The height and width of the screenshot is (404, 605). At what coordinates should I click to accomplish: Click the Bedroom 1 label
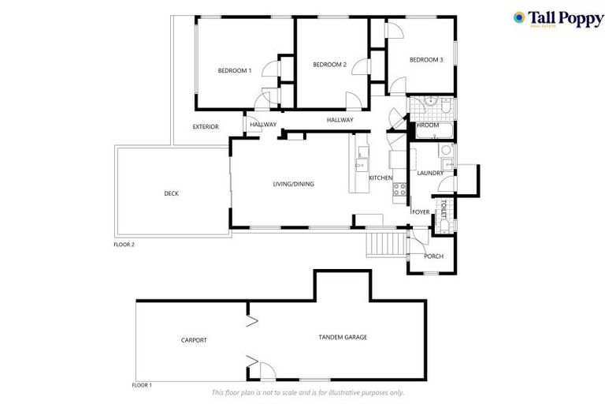click(234, 71)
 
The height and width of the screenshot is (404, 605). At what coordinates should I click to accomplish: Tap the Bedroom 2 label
click(329, 65)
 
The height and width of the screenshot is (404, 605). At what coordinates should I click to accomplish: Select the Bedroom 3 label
click(425, 60)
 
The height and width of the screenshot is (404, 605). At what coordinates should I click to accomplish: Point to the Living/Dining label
click(293, 184)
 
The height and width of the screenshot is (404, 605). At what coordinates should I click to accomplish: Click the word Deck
click(171, 193)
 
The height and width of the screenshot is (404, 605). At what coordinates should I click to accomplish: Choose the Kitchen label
click(380, 178)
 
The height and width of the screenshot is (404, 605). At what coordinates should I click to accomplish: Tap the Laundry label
click(430, 173)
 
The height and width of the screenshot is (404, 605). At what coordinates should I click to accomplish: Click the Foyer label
click(421, 212)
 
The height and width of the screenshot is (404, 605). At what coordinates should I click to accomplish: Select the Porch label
click(433, 256)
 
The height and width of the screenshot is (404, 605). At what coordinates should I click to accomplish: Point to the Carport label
click(194, 340)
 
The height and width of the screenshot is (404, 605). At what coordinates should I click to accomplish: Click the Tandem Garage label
click(343, 337)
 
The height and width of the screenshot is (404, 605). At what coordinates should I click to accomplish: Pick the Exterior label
click(206, 127)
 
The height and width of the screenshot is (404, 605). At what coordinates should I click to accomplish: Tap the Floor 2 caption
click(124, 245)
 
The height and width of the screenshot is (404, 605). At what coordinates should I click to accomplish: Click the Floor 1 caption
click(141, 385)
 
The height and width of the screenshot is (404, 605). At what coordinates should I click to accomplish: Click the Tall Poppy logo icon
click(519, 17)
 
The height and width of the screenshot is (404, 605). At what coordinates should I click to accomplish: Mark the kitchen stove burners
click(399, 189)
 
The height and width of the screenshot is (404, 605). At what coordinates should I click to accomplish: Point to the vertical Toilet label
click(444, 209)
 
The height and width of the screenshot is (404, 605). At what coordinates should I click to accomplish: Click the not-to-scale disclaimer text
click(307, 392)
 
